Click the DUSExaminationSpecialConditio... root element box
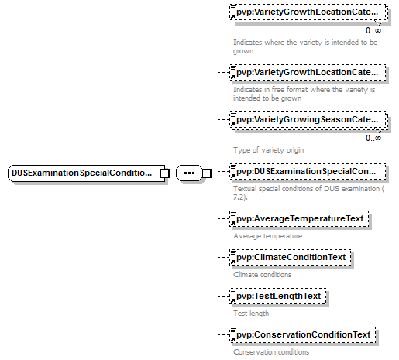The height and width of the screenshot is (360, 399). (x=87, y=173)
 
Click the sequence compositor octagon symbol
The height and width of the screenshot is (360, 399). (x=189, y=173)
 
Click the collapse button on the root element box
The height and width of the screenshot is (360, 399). (x=164, y=173)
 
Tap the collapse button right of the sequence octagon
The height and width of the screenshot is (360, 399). (x=207, y=173)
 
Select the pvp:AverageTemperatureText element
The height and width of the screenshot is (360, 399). (x=299, y=219)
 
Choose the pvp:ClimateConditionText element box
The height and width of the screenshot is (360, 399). (x=291, y=258)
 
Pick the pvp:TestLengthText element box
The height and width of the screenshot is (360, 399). (x=278, y=297)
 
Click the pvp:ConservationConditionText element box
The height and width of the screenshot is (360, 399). (x=303, y=335)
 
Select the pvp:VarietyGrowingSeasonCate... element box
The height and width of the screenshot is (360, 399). (x=308, y=120)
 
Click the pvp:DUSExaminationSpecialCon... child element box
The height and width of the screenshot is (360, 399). (x=308, y=172)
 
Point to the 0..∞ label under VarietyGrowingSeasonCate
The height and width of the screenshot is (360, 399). (x=373, y=139)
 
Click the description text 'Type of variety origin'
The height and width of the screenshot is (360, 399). (x=268, y=150)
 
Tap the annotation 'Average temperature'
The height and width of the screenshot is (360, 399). (x=268, y=236)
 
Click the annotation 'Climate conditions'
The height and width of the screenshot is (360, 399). (x=262, y=275)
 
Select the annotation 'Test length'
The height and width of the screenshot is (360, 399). (x=251, y=314)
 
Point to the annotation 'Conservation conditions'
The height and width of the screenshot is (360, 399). (x=271, y=352)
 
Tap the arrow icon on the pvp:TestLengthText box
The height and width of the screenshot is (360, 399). (x=232, y=301)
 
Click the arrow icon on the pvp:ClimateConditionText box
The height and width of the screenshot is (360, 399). (x=232, y=262)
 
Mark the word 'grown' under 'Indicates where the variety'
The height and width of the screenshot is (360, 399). (x=243, y=51)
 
